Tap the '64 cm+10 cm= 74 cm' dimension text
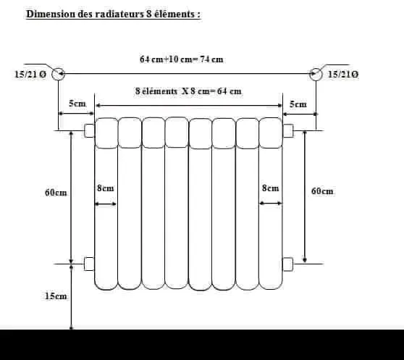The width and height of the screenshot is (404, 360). click(x=182, y=59)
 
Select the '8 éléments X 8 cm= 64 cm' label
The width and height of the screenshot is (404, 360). click(x=188, y=91)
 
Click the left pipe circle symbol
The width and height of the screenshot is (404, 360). click(x=58, y=74)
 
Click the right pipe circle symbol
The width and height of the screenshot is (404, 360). click(x=316, y=74)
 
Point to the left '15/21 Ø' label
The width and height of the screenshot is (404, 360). click(x=30, y=75)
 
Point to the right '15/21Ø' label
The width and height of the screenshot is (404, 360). click(x=343, y=74)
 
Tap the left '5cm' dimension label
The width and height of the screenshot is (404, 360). click(x=77, y=104)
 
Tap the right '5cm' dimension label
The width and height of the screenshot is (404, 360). click(x=298, y=104)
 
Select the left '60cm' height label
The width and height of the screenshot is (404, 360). click(x=56, y=193)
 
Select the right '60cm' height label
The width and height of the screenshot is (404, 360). click(x=322, y=191)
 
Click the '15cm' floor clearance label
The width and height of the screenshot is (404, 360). click(x=56, y=296)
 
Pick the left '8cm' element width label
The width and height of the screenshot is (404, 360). click(x=106, y=188)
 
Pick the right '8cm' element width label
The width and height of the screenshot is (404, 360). click(x=270, y=188)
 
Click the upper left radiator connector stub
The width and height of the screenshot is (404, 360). click(x=89, y=130)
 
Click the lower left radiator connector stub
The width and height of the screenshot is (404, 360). click(x=89, y=264)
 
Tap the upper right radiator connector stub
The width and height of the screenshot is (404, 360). click(x=288, y=130)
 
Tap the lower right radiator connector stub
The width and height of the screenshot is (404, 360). click(x=288, y=264)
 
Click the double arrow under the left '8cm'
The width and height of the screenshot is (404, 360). click(x=106, y=204)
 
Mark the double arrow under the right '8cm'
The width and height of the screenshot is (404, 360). click(x=271, y=204)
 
